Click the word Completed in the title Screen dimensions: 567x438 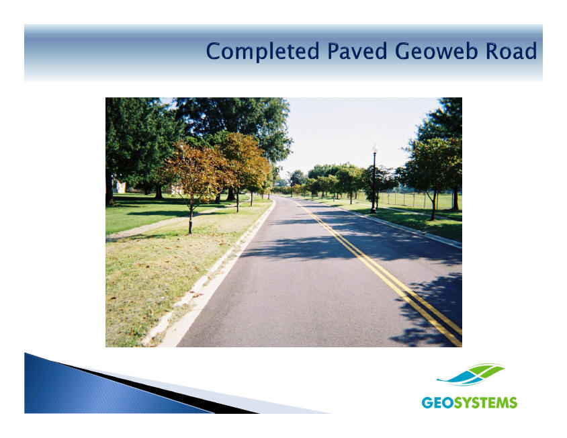[x=263, y=51]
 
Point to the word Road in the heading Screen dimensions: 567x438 [x=511, y=51]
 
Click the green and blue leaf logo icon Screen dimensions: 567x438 [x=470, y=375]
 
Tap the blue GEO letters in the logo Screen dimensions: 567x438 [x=437, y=402]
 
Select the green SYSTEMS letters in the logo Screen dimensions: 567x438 [x=486, y=402]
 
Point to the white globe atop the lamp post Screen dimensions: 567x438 [x=375, y=148]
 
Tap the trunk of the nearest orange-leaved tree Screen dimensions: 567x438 [x=191, y=219]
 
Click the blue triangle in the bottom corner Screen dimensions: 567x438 [x=108, y=387]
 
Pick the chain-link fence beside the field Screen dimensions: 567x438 [x=416, y=200]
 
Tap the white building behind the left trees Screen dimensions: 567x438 [x=120, y=187]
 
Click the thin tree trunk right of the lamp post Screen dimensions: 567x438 [x=433, y=206]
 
